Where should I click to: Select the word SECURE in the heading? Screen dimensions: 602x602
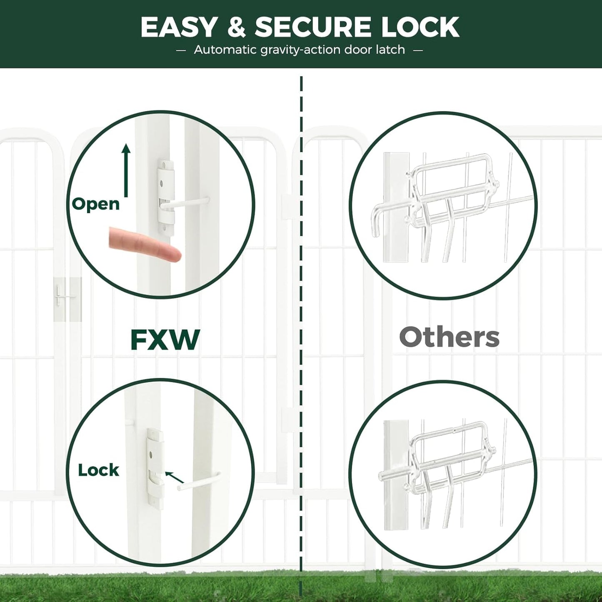313,27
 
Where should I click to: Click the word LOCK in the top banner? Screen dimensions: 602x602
420,27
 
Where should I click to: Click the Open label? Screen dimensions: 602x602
96,204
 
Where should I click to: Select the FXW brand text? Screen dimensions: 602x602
165,340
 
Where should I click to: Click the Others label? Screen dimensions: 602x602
449,337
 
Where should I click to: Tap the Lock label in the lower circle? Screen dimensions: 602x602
98,470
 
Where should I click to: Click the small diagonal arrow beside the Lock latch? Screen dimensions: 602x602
174,477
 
